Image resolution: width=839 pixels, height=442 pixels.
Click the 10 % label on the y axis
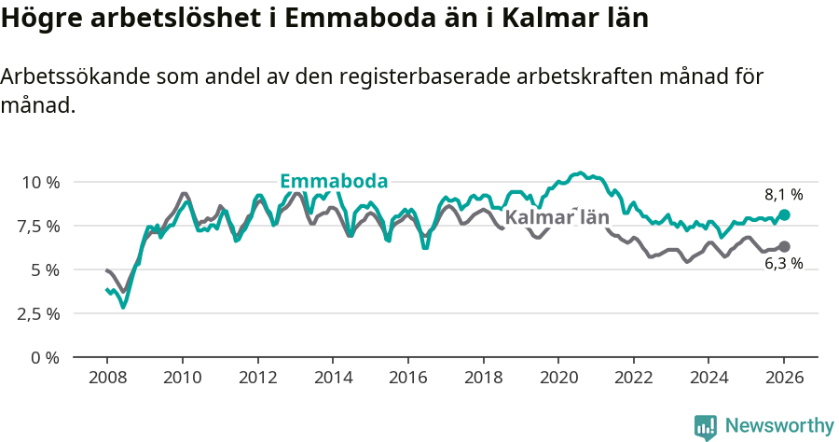[40, 182]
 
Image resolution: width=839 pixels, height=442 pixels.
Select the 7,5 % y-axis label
[40, 226]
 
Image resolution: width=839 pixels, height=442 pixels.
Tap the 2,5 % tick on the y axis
[40, 313]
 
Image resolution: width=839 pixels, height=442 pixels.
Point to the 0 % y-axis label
[46, 357]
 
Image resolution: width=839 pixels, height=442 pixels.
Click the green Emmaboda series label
[334, 181]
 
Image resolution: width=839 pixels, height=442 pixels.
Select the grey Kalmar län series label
[557, 218]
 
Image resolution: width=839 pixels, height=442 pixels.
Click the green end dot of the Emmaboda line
[784, 214]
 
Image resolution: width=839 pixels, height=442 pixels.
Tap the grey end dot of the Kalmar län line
[784, 246]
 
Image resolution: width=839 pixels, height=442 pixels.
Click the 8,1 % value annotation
[784, 195]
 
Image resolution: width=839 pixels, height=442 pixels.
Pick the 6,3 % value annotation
[784, 264]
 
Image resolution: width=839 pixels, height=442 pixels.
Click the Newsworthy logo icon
[706, 426]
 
